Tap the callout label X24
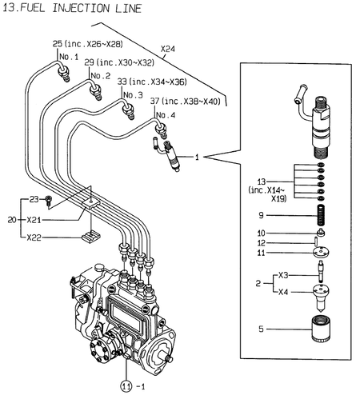168,50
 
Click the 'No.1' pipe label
69,57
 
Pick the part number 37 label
154,102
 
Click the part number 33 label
122,82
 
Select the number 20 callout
10,218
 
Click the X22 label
34,237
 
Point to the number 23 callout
34,198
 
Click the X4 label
282,292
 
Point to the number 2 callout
258,283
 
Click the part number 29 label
90,62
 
